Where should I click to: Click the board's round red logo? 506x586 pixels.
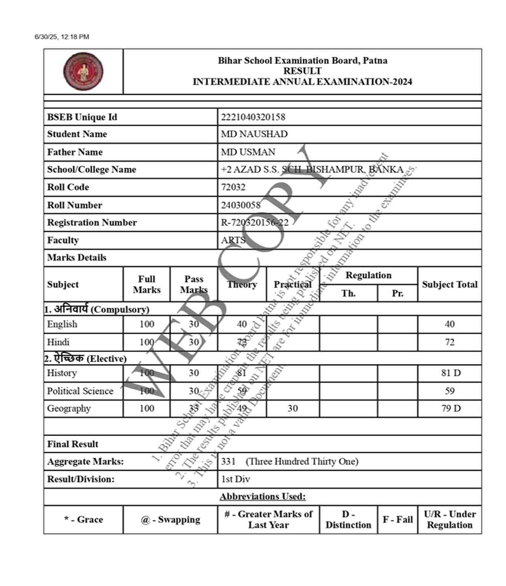coord(83,71)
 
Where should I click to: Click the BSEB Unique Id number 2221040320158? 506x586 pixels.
coord(253,117)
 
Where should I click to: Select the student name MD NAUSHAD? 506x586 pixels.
coord(254,134)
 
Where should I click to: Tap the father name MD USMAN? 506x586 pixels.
coord(248,152)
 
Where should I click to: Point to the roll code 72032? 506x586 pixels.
coord(233,187)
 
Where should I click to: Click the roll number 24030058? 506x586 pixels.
coord(241,205)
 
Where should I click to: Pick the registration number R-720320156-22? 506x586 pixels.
coord(255,223)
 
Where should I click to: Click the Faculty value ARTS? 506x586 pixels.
coord(233,240)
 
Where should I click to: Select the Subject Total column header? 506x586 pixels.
coord(450,284)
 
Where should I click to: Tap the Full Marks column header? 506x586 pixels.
coord(147,284)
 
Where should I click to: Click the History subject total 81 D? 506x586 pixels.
coord(451,373)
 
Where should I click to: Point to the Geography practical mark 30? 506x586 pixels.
coord(293,408)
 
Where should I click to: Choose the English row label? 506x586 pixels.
coord(62,324)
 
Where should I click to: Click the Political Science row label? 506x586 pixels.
coord(80,391)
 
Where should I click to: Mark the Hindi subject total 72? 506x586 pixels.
coord(450,342)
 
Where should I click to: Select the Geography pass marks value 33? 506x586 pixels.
coord(194,408)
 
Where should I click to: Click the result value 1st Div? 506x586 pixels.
coord(235,479)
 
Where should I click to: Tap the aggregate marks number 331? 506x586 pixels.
coord(228,462)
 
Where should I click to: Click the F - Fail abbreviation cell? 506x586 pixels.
coord(397,519)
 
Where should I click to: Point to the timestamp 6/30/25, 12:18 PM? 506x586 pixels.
coord(62,37)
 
